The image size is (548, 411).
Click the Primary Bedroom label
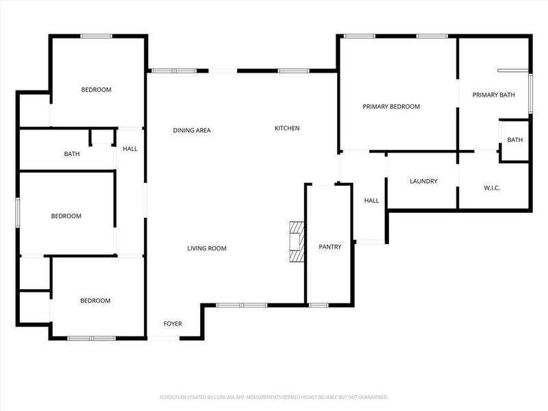391,107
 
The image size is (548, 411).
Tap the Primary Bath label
493,95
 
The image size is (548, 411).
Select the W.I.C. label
491,188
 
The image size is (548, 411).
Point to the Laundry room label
423,182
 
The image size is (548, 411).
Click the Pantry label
329,247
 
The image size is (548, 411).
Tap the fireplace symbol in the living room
296,241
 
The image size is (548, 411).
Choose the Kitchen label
287,128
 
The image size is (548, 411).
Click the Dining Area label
192,130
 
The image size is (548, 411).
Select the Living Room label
207,249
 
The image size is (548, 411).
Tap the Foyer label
173,323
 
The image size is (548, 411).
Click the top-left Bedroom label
96,90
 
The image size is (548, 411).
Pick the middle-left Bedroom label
66,216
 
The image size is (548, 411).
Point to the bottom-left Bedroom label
95,301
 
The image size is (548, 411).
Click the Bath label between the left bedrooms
72,154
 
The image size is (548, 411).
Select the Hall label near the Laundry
371,201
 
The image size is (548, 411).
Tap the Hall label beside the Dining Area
130,149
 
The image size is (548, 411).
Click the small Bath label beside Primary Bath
514,140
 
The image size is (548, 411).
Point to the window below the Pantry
318,304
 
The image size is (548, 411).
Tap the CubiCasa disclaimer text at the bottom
274,397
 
